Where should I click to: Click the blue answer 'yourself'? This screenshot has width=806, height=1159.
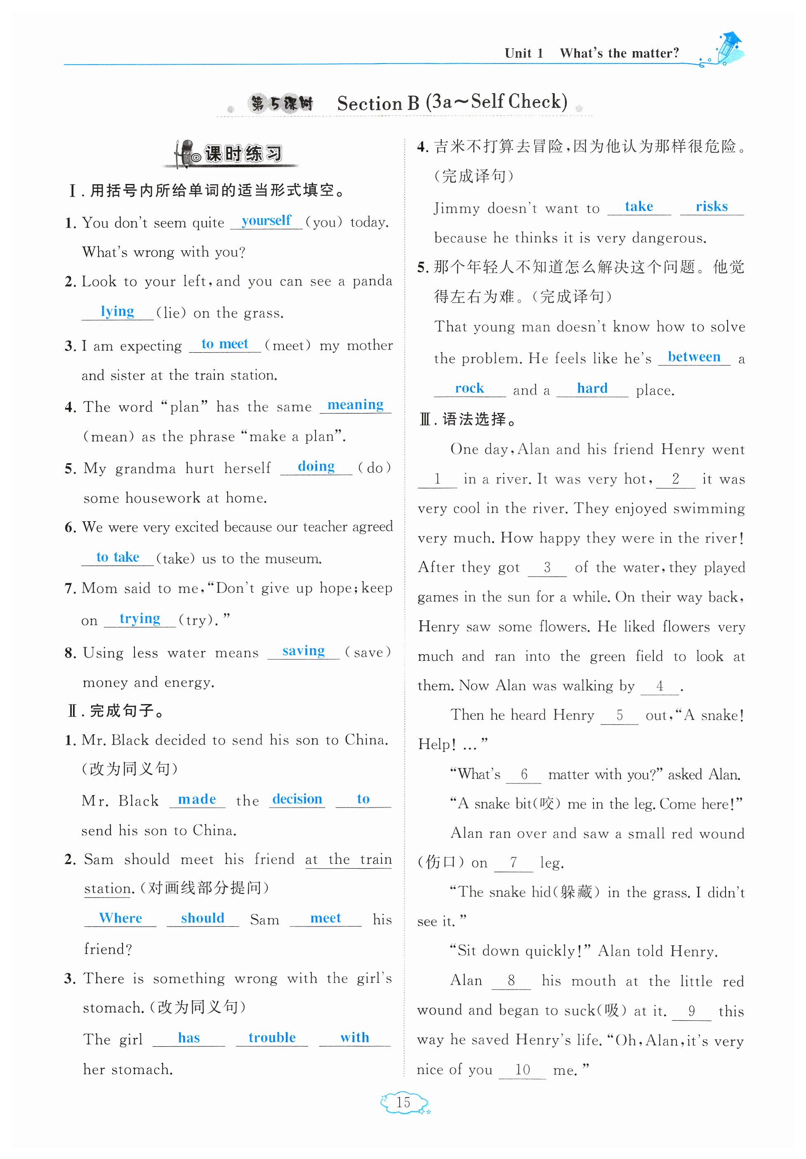pyautogui.click(x=266, y=221)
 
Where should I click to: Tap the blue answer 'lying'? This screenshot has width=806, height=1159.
pyautogui.click(x=117, y=311)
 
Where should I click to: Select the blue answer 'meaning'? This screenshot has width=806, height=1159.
pyautogui.click(x=355, y=405)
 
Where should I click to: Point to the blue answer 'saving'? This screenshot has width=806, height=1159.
pyautogui.click(x=303, y=651)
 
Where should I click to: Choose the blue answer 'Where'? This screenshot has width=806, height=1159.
pyautogui.click(x=120, y=918)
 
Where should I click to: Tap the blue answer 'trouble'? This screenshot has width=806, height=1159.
pyautogui.click(x=272, y=1037)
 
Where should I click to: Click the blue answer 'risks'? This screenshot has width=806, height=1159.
pyautogui.click(x=712, y=207)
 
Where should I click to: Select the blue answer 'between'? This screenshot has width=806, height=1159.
pyautogui.click(x=694, y=357)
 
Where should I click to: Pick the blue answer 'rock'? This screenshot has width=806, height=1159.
pyautogui.click(x=469, y=388)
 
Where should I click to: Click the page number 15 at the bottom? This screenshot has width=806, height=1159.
pyautogui.click(x=403, y=1102)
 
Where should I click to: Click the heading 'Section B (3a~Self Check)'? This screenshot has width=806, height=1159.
pyautogui.click(x=452, y=102)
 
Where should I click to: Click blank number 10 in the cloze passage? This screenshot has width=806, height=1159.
pyautogui.click(x=522, y=1069)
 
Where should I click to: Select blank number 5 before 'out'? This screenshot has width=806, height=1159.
pyautogui.click(x=619, y=715)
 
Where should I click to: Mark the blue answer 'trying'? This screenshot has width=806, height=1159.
pyautogui.click(x=140, y=618)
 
